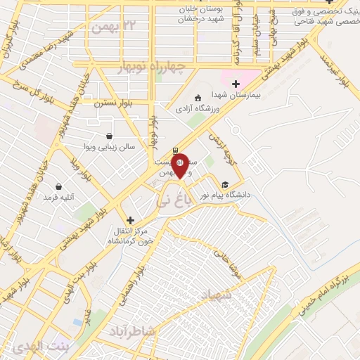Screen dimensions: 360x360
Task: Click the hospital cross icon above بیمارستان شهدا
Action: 236,84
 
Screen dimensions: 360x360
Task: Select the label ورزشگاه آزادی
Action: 198,108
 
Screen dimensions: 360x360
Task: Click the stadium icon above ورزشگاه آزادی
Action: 198,98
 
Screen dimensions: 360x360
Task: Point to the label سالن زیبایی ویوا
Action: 109,148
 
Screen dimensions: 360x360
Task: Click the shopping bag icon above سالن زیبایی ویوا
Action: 109,136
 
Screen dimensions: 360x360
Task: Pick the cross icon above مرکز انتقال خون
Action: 129,220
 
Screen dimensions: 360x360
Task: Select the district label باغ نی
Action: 171,202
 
